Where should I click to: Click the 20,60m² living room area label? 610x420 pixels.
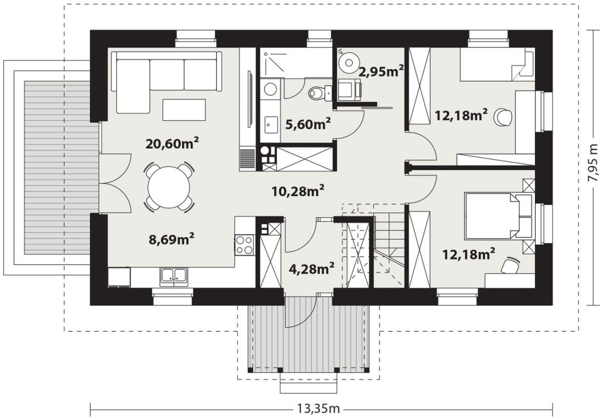pos(172,144)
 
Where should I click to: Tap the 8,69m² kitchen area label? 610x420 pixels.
pos(172,239)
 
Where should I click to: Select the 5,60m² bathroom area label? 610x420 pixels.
pos(308,124)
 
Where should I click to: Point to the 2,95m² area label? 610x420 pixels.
pos(381,71)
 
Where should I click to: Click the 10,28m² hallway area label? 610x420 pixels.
pos(298,191)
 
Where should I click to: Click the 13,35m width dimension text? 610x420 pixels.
pos(319,409)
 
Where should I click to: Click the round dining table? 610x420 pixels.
pos(169,188)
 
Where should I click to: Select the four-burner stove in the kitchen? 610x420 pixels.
pos(245,245)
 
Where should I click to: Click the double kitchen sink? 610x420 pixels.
pos(174,276)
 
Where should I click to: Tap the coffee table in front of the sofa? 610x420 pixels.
pos(184,109)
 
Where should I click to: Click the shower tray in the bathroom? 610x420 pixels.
pos(272,62)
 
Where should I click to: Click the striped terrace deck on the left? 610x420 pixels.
pos(61,166)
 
